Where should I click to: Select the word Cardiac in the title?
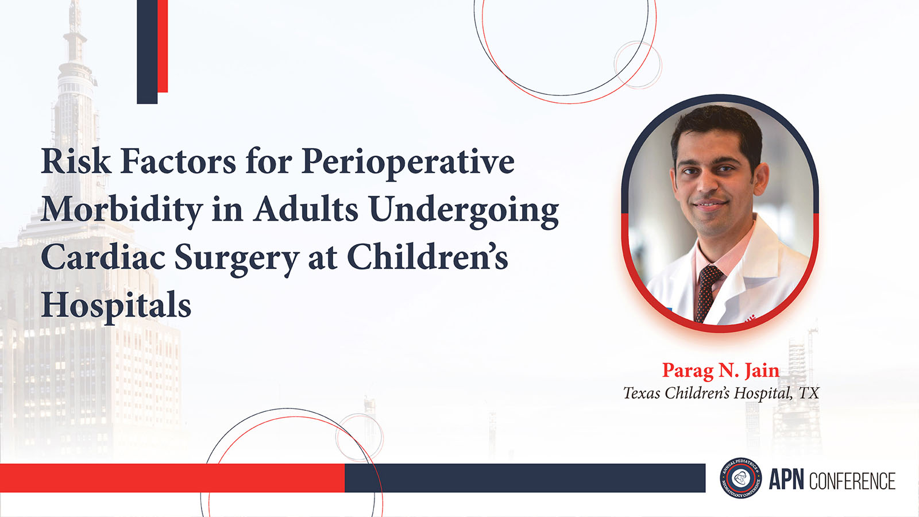(x=103, y=257)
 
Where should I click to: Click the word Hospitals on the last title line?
(x=116, y=306)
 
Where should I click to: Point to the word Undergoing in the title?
(x=464, y=211)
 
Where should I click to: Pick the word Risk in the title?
(x=76, y=161)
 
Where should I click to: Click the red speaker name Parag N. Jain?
(x=721, y=371)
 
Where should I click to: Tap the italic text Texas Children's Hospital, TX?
(x=721, y=393)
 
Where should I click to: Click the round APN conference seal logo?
(x=741, y=478)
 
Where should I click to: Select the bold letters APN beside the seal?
(x=786, y=480)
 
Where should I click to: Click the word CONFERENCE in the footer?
(x=852, y=481)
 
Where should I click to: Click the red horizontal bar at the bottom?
(x=172, y=478)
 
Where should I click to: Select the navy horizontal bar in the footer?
(x=525, y=478)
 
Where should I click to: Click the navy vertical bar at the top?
(x=147, y=52)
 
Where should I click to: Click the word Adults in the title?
(x=306, y=209)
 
